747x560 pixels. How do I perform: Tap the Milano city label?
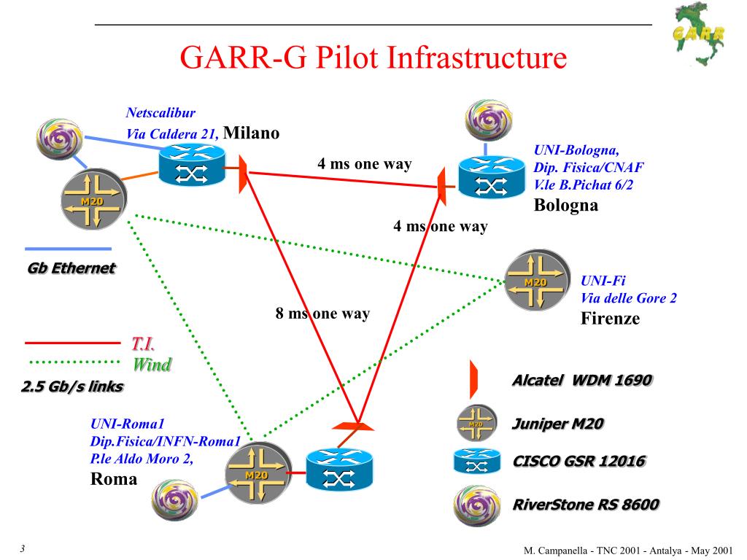(x=251, y=133)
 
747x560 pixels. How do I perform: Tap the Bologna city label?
(x=566, y=205)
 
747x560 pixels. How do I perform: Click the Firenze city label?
(x=610, y=318)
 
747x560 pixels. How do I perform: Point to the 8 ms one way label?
(x=322, y=314)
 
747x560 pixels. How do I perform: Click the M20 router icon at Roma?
(x=257, y=475)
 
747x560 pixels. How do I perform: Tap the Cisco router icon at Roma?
(x=338, y=470)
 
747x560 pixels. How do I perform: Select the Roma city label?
(x=113, y=479)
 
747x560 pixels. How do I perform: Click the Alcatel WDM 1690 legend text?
(x=581, y=381)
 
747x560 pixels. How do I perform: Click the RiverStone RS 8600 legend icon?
(x=476, y=504)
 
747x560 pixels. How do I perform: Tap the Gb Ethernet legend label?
(x=71, y=268)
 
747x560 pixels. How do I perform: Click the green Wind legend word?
(x=152, y=365)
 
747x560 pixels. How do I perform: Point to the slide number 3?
(x=23, y=549)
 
